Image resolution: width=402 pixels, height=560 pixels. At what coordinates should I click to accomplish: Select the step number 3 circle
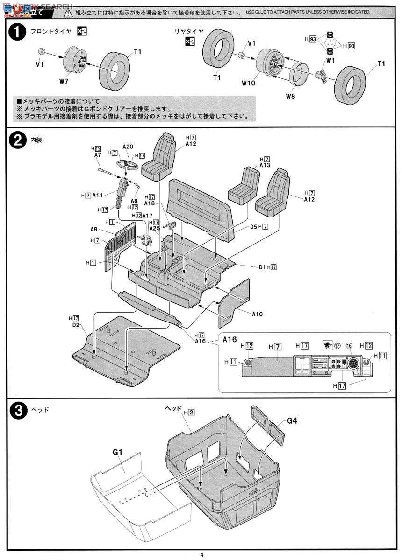(16, 411)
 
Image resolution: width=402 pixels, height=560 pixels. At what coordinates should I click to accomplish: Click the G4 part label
(292, 420)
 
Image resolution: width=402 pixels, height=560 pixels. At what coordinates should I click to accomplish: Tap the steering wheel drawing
(125, 165)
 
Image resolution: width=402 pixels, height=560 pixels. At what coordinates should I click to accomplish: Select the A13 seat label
(265, 165)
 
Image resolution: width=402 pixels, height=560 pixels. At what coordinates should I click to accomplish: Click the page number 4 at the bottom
(201, 554)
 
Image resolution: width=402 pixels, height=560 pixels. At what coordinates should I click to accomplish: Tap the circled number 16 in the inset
(349, 346)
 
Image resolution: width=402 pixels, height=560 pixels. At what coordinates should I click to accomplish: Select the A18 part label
(150, 203)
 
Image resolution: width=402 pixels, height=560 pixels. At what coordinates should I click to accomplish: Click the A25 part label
(155, 228)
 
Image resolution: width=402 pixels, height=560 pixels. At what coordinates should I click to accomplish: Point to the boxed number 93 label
(313, 40)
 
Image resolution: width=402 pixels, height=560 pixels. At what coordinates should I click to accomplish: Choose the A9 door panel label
(94, 229)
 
